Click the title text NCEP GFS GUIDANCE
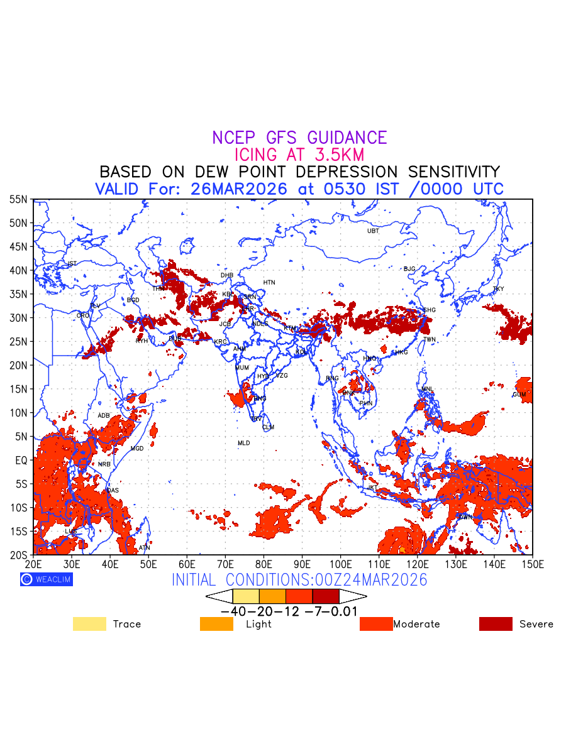[299, 138]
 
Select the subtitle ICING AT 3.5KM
[299, 155]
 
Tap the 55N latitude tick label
[19, 199]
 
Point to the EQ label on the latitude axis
[21, 460]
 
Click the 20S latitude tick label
[19, 555]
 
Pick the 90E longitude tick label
[302, 564]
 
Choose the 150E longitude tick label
[532, 564]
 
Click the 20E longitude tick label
[33, 564]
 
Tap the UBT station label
[373, 231]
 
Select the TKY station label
[498, 289]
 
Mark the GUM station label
[519, 395]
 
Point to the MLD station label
[243, 444]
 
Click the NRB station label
[104, 464]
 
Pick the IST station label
[72, 264]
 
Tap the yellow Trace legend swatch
[89, 624]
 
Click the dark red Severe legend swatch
[496, 624]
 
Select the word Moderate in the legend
[416, 624]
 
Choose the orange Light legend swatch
[216, 624]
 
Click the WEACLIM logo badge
[47, 579]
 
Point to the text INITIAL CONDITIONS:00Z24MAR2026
[299, 579]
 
